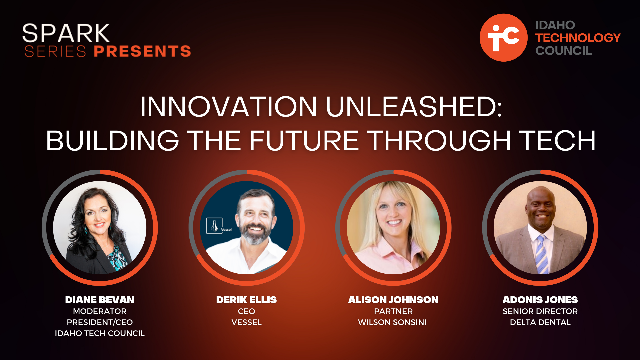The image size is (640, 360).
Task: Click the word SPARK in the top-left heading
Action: click(66, 33)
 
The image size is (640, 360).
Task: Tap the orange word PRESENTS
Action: click(142, 51)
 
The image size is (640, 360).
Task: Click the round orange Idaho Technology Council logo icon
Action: click(503, 38)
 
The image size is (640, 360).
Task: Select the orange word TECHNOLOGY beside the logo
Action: click(578, 38)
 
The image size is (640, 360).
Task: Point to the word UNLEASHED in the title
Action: click(414, 107)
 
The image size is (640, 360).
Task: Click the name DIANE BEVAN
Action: click(100, 300)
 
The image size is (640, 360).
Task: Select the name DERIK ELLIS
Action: click(246, 300)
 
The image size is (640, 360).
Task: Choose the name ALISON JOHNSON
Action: click(393, 300)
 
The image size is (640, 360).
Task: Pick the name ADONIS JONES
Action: click(540, 300)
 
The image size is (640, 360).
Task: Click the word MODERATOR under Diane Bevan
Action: click(100, 311)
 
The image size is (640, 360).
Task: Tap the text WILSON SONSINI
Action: click(392, 322)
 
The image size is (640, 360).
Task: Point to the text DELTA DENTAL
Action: click(540, 322)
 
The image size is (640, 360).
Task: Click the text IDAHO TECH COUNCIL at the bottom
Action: click(100, 333)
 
